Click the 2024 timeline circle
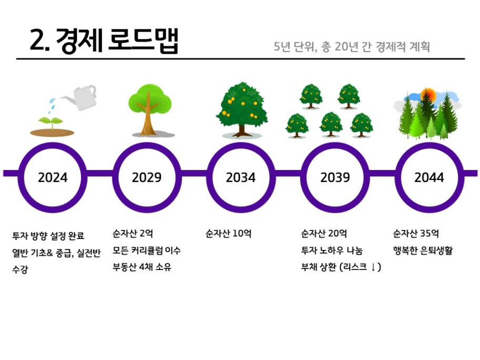coord(53,146)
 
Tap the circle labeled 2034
coord(241,146)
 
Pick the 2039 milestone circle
coord(335,146)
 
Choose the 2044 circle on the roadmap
coord(429,146)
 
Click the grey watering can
coord(81,97)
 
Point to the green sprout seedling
coord(51,122)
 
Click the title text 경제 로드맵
coord(117,41)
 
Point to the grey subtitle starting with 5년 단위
coord(352,46)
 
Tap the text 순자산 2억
coord(133,234)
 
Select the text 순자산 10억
coord(228,234)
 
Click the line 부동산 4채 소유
coord(142,267)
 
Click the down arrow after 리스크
coord(373,267)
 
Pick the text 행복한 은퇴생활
coord(423,251)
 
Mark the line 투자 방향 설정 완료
coord(48,236)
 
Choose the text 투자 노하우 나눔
coord(332,251)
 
